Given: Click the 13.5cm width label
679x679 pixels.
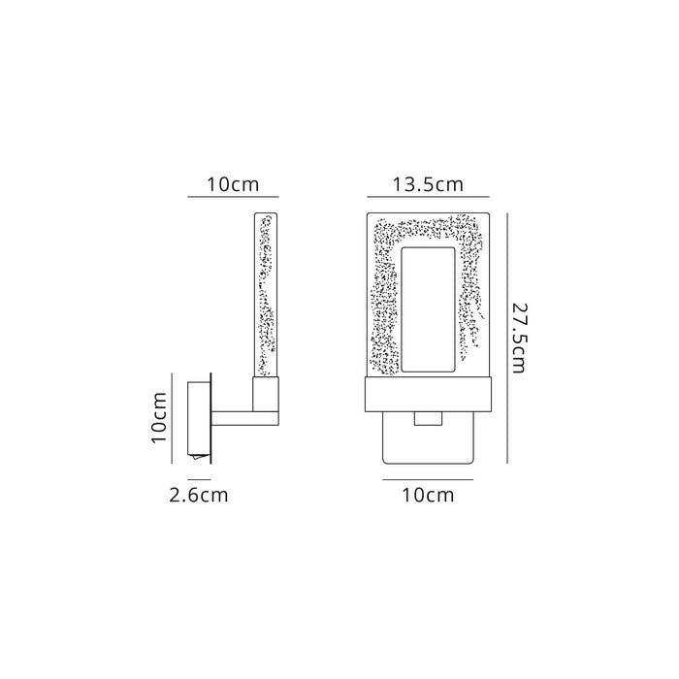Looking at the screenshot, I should [x=427, y=183].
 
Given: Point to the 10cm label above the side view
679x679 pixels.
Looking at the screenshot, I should [x=233, y=183].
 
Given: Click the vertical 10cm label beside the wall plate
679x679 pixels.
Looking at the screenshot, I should [x=162, y=416].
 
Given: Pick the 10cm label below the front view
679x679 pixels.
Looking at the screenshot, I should [x=427, y=496].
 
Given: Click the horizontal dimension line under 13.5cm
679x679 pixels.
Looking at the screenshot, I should [x=427, y=197].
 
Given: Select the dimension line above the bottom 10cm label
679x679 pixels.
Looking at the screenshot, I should [x=427, y=479].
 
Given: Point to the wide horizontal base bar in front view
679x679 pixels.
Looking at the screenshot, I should [x=427, y=394].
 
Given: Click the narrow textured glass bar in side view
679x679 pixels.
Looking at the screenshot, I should [x=267, y=295].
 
